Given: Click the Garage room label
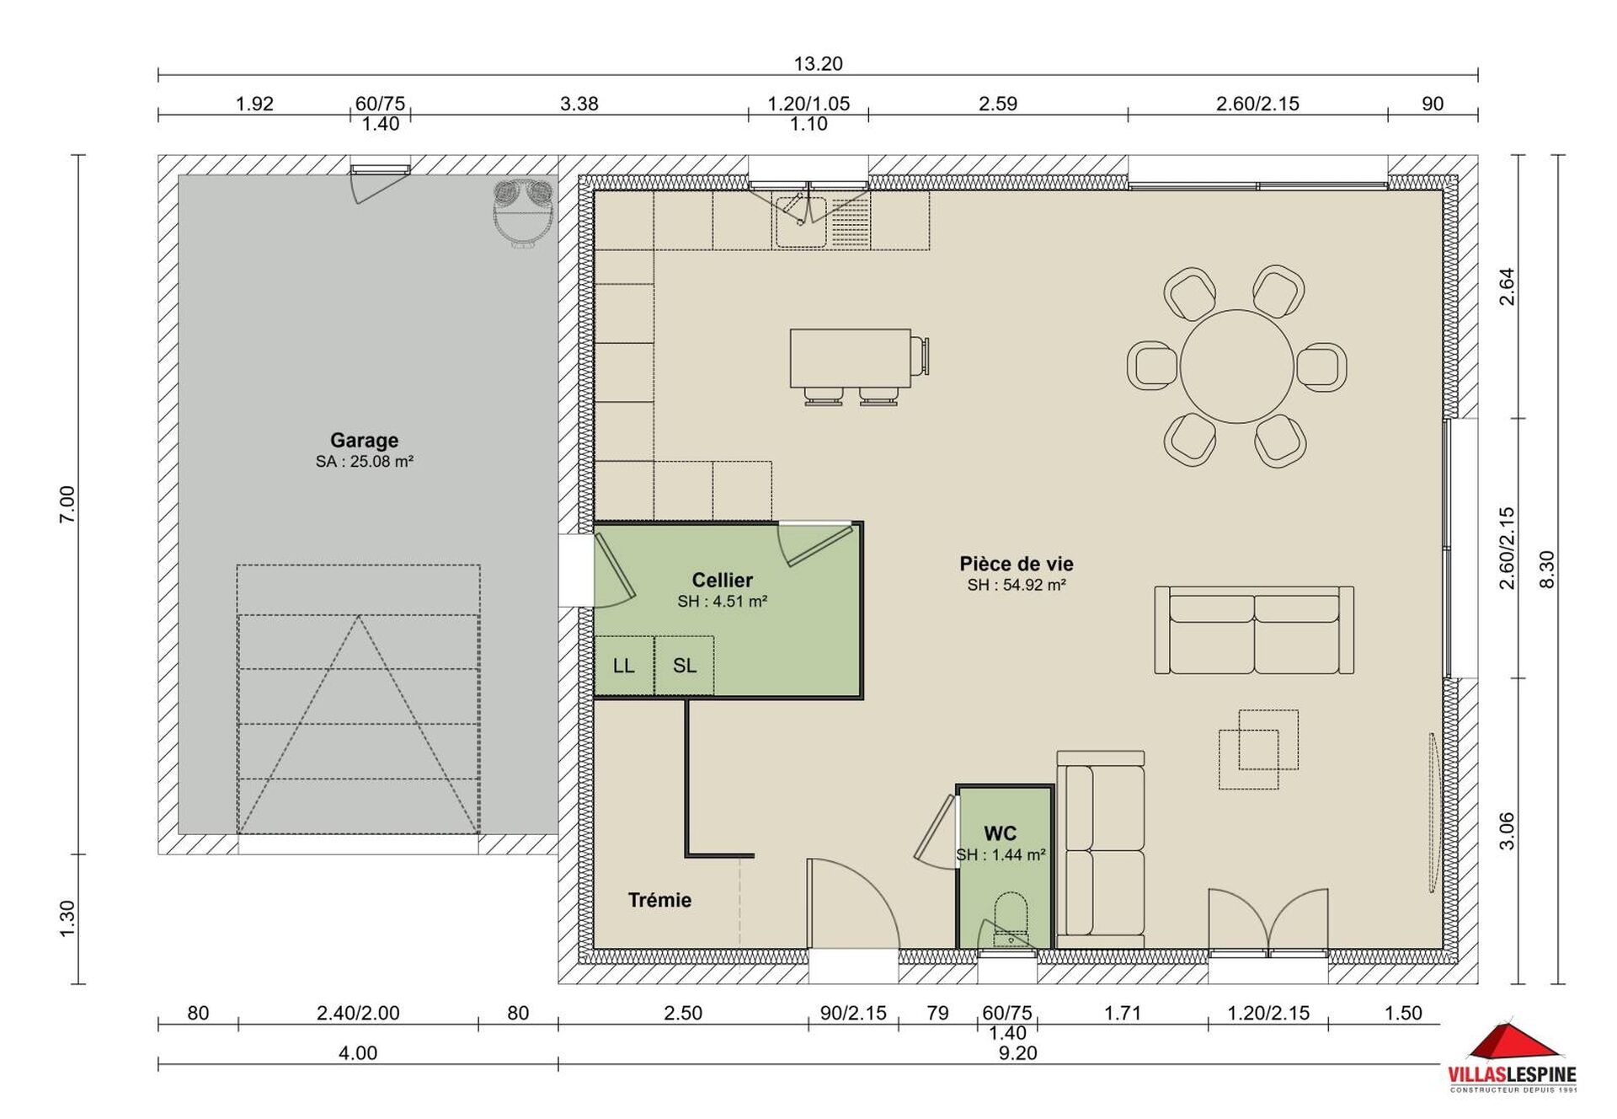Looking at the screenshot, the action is point(364,440).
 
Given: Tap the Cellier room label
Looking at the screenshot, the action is point(722,580).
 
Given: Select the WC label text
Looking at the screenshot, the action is point(1000,833).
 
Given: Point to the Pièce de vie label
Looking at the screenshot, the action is point(1017,564).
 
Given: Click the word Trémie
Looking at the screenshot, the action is point(659,900).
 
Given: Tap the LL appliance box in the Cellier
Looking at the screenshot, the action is point(624,666).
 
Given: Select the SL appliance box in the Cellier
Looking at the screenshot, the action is point(684,666).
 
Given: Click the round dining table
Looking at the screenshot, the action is point(1236,367).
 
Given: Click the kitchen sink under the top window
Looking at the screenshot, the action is point(800,219).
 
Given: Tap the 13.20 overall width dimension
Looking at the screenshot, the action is point(818,63).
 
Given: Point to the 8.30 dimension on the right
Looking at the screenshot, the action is point(1546,569).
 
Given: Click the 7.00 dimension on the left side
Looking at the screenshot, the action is point(67,504).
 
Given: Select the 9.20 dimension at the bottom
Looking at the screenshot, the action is point(1017,1052).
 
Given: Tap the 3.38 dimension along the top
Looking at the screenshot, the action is point(579,104).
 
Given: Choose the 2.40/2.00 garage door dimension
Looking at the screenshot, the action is point(358,1013).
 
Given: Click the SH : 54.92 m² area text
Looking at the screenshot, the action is point(1017,585).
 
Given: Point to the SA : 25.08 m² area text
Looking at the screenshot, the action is point(364,461).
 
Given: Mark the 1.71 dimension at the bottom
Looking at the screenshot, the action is point(1123,1013).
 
